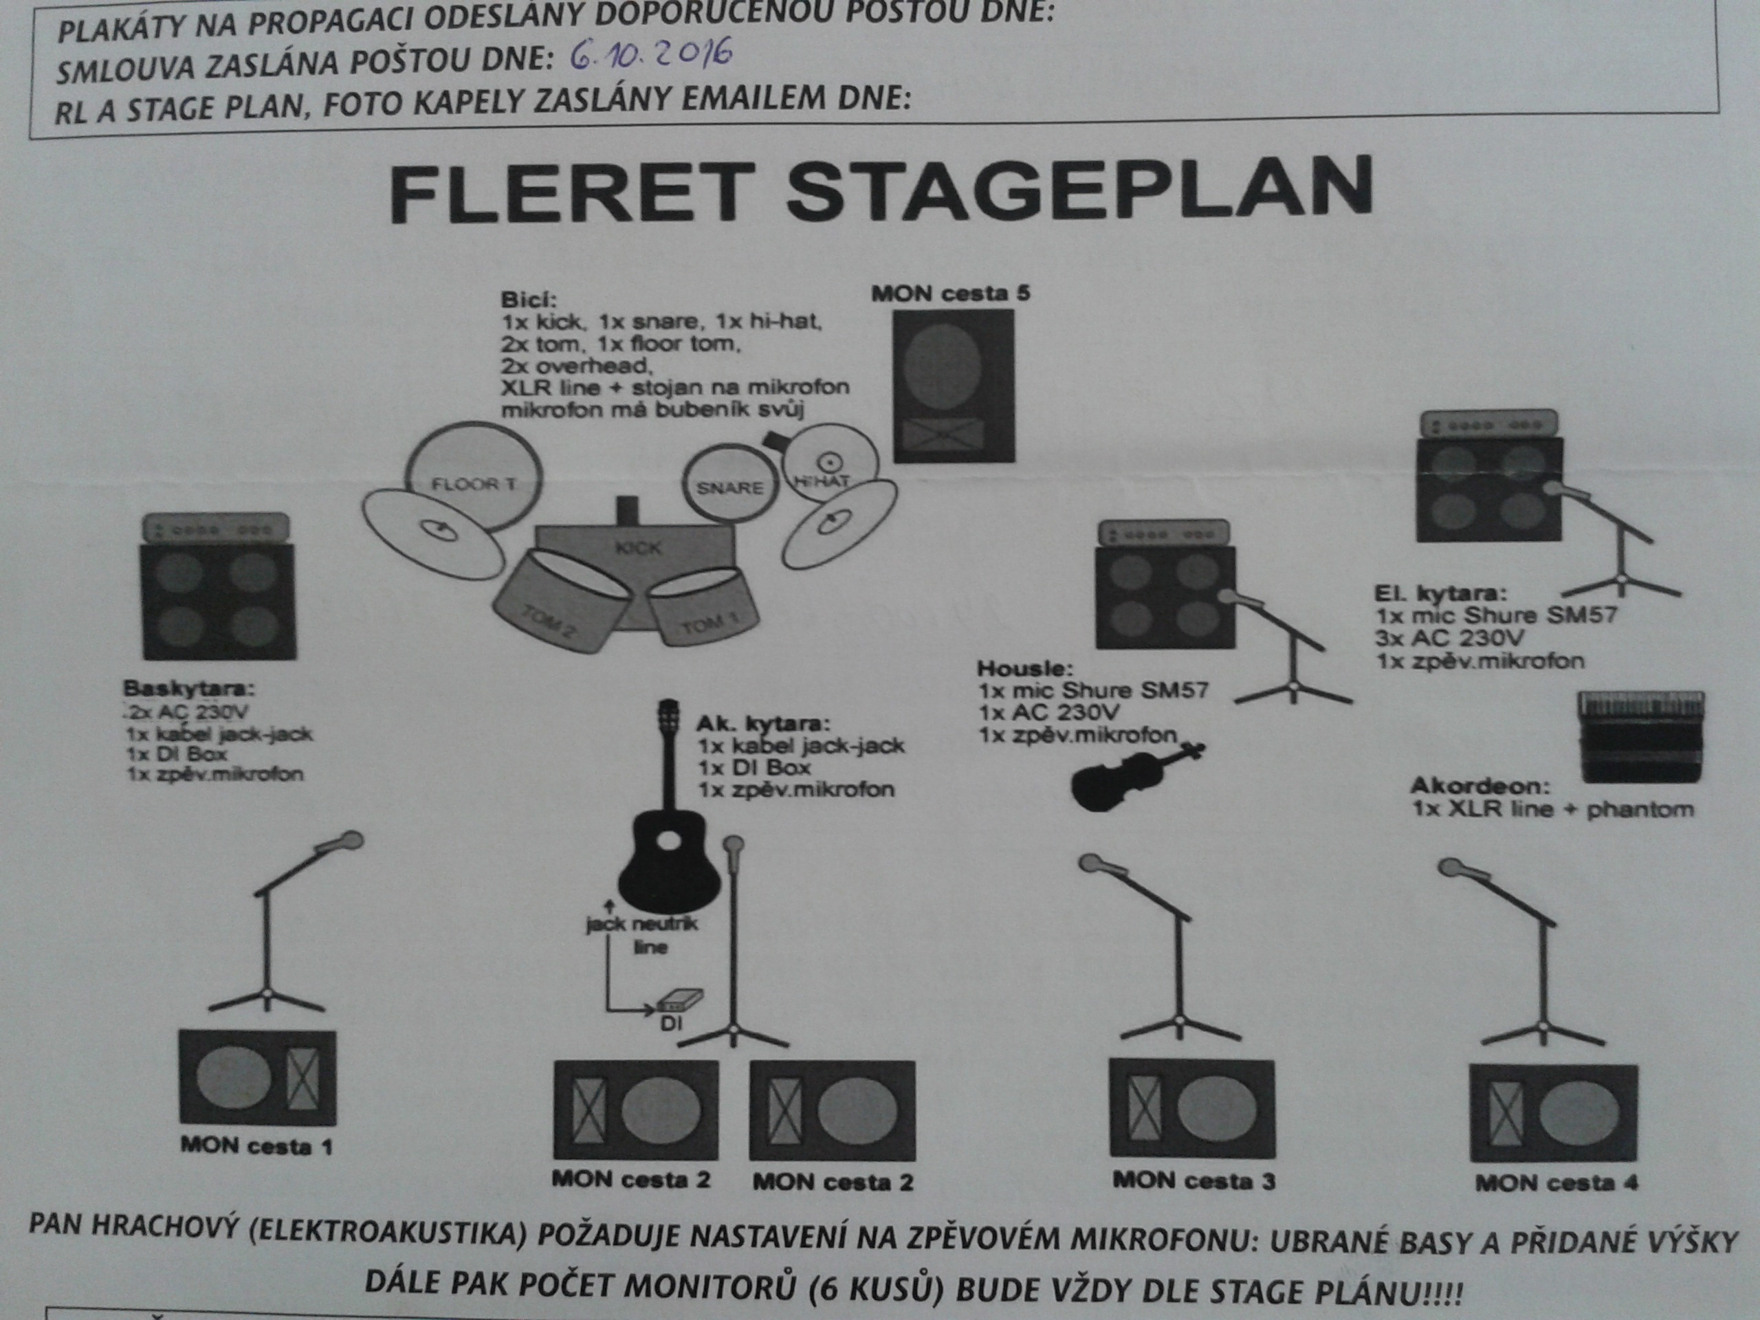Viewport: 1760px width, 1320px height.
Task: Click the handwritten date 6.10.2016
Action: point(651,56)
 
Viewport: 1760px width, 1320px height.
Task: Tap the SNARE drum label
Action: point(729,487)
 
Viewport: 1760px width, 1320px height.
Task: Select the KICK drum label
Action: point(638,547)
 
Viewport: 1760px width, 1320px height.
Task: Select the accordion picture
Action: point(1640,736)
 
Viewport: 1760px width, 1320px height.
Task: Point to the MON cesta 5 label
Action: point(950,294)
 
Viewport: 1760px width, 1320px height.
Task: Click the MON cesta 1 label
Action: point(256,1147)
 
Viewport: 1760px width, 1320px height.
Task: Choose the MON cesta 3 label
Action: point(1193,1180)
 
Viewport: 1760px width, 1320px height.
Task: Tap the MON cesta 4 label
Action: point(1556,1183)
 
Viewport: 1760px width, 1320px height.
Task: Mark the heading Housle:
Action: point(1025,668)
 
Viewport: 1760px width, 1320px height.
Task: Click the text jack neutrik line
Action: point(642,936)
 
